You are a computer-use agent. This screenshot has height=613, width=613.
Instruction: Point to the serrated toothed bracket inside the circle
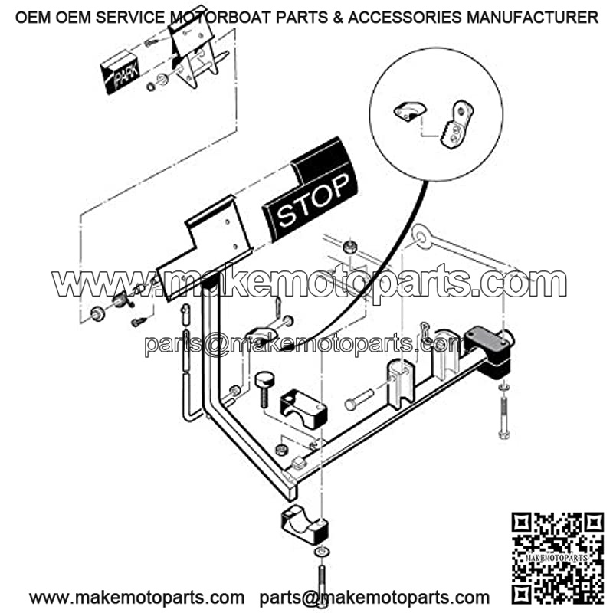click(x=457, y=124)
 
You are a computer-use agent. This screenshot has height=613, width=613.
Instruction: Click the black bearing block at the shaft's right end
click(x=490, y=351)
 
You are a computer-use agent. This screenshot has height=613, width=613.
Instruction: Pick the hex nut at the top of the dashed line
click(x=349, y=247)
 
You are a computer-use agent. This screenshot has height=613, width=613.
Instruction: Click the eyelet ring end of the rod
click(x=422, y=236)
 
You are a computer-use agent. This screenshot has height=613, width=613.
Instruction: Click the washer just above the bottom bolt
click(x=321, y=552)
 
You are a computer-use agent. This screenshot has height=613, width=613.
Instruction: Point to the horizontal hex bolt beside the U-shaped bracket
click(x=359, y=398)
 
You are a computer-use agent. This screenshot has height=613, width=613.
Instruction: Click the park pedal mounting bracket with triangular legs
click(x=194, y=47)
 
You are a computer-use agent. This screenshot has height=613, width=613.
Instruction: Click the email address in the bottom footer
click(x=375, y=598)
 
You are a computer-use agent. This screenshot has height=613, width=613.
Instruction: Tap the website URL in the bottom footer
click(x=137, y=598)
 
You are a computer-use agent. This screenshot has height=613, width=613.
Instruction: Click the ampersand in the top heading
click(x=339, y=18)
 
